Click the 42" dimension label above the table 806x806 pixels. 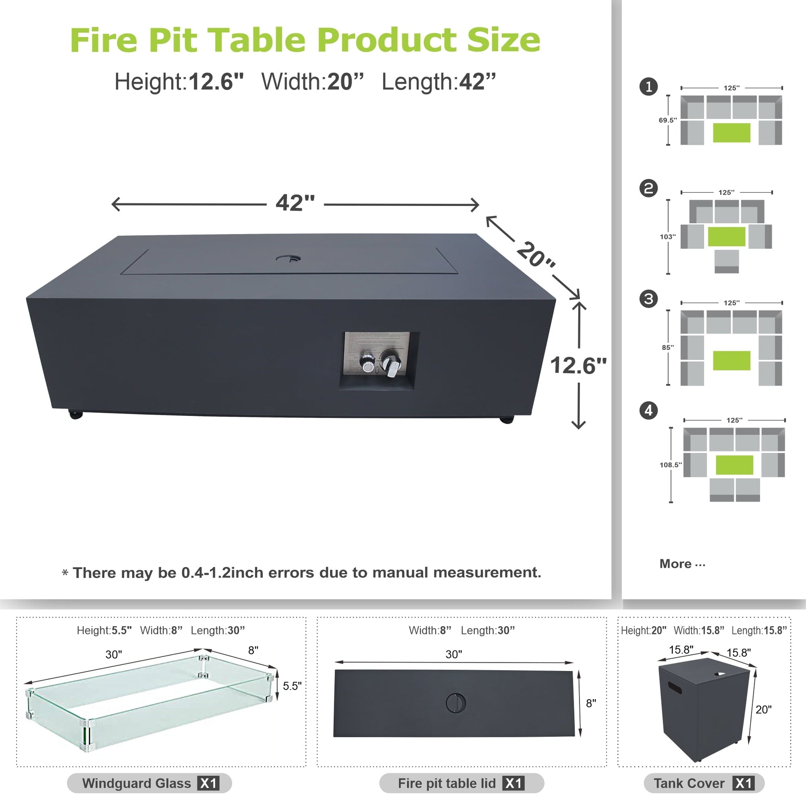click(x=295, y=203)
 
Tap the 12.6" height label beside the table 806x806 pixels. click(x=578, y=365)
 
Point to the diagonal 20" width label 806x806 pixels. click(x=536, y=254)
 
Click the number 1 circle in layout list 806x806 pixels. click(x=648, y=87)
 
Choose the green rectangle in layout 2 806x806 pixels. click(x=726, y=236)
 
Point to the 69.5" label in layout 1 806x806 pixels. click(x=668, y=120)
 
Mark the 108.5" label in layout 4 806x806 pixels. click(x=671, y=465)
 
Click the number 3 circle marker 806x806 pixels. click(x=648, y=299)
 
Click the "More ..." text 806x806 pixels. click(x=682, y=564)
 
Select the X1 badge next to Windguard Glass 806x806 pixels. click(x=208, y=783)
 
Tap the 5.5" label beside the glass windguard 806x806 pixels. click(x=292, y=686)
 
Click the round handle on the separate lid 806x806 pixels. click(x=456, y=703)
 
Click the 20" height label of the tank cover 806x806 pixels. click(x=763, y=709)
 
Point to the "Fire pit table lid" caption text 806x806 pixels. click(x=447, y=783)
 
